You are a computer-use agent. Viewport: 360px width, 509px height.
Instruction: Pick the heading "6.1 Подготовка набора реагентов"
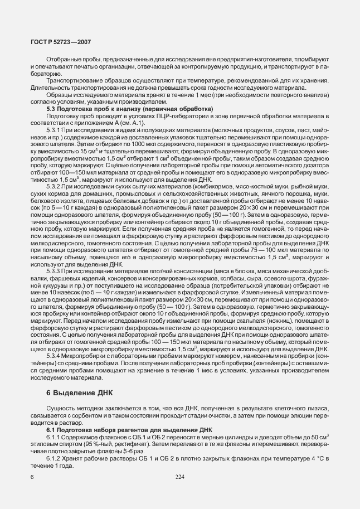(x=129, y=429)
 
